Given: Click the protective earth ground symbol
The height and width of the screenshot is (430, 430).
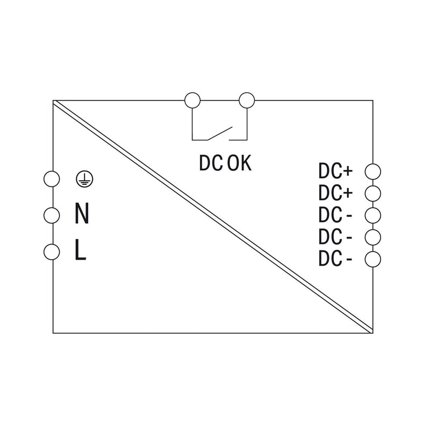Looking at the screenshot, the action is (x=84, y=179).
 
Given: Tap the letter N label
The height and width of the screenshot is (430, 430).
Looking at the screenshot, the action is (x=82, y=213).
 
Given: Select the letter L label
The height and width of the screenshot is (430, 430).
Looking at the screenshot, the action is (x=81, y=249).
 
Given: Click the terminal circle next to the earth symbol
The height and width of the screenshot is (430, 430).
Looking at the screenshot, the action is (x=52, y=179).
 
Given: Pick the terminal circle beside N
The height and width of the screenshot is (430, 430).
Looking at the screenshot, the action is (x=52, y=216).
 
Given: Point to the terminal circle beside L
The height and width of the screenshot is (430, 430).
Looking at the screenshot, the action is (x=52, y=252).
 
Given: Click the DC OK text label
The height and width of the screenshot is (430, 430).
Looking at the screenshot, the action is (x=225, y=163).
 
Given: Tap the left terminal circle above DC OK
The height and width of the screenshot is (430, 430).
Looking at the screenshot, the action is (x=192, y=101).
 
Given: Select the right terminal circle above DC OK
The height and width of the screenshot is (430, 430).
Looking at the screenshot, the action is (x=247, y=101).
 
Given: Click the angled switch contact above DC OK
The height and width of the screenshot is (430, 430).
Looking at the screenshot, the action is (x=220, y=133).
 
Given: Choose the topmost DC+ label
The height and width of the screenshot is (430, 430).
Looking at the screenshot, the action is (x=335, y=171).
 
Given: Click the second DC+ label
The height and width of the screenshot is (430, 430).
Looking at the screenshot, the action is (x=335, y=193).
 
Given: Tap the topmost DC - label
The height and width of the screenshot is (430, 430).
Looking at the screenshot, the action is (x=335, y=214).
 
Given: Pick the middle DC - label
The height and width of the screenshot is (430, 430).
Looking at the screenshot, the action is (x=335, y=236).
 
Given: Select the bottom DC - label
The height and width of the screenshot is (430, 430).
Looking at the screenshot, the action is (x=335, y=259).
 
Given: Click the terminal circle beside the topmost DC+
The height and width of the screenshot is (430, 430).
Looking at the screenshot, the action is (x=373, y=171).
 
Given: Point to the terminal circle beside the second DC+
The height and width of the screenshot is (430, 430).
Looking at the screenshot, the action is (x=373, y=193).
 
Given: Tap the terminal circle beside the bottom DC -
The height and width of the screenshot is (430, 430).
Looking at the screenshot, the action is (x=373, y=259).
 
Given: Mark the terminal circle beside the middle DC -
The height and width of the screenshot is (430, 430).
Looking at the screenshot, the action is (x=373, y=237).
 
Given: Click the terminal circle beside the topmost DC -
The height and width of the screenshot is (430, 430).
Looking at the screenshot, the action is (x=373, y=216).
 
